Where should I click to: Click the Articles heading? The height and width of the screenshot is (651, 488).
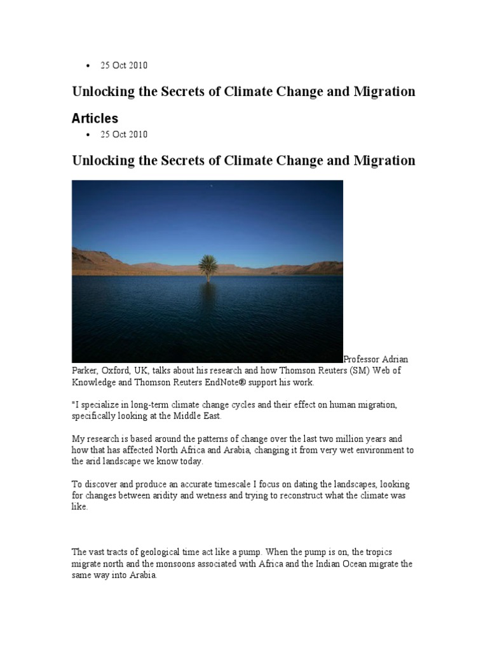pyautogui.click(x=95, y=119)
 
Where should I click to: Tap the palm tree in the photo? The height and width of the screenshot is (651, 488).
pyautogui.click(x=208, y=266)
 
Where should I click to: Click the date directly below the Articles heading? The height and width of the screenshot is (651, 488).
pyautogui.click(x=124, y=134)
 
